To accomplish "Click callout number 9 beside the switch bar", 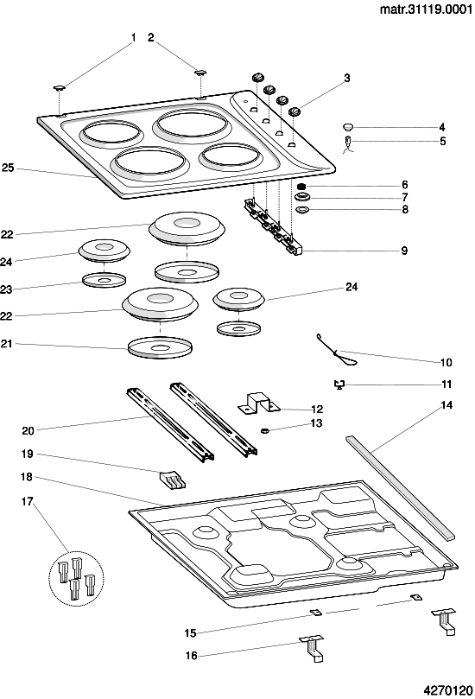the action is click(x=404, y=251).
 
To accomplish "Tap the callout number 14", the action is click(x=446, y=404).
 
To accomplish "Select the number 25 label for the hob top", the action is click(x=8, y=168).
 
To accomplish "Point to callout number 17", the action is click(x=27, y=501).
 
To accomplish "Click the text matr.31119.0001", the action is click(x=426, y=10).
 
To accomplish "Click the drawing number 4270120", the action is click(x=448, y=690).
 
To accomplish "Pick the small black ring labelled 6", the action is click(x=302, y=186).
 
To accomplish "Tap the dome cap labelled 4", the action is click(x=348, y=127).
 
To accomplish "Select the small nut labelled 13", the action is click(x=263, y=430).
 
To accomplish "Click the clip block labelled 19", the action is click(x=173, y=480).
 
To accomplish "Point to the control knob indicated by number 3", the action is click(x=294, y=111).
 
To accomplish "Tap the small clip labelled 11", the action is click(x=340, y=384).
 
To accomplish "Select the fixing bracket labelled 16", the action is click(x=312, y=649).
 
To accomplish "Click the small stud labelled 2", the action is click(x=201, y=73).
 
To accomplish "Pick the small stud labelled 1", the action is click(x=60, y=88).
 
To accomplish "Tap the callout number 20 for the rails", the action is click(x=28, y=430).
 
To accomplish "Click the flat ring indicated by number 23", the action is click(x=104, y=280).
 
